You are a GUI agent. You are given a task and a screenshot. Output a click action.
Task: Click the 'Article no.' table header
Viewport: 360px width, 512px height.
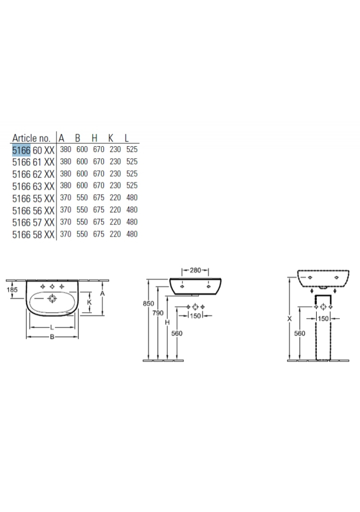(31, 138)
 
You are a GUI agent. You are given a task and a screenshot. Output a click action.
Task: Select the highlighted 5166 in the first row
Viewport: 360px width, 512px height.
(21, 150)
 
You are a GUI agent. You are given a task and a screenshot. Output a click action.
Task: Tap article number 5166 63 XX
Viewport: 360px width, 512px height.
(33, 187)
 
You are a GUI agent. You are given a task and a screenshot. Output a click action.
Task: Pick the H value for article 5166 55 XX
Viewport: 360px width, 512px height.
(99, 197)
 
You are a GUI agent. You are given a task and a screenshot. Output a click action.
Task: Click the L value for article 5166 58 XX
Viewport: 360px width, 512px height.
(132, 234)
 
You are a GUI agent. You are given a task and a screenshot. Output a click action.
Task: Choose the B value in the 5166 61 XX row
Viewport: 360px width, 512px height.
(82, 162)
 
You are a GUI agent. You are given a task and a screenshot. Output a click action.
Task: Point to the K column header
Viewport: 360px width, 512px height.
(111, 138)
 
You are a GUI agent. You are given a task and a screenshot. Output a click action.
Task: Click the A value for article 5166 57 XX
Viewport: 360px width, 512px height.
(66, 222)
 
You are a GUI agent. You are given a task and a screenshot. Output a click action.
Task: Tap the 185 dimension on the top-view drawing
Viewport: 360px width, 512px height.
(12, 290)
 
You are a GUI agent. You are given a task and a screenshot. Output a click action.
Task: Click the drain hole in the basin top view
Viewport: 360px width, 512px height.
(52, 299)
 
